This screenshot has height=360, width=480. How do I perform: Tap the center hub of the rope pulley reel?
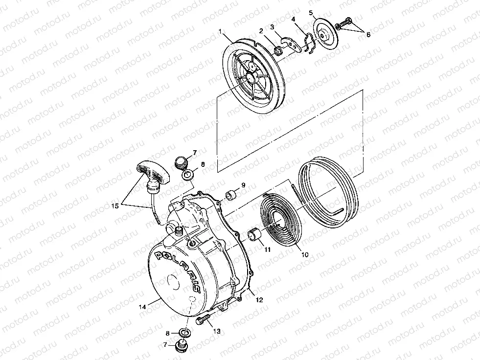[x=253, y=76]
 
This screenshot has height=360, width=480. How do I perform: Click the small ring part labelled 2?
[x=277, y=49]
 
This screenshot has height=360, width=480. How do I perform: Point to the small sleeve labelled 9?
[x=230, y=196]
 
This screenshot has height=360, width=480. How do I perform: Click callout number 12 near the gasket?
[x=259, y=300]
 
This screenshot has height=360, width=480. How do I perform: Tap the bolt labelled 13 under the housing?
[x=202, y=321]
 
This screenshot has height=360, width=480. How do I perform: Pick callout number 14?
[x=142, y=307]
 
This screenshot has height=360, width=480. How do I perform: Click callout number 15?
[x=114, y=206]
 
